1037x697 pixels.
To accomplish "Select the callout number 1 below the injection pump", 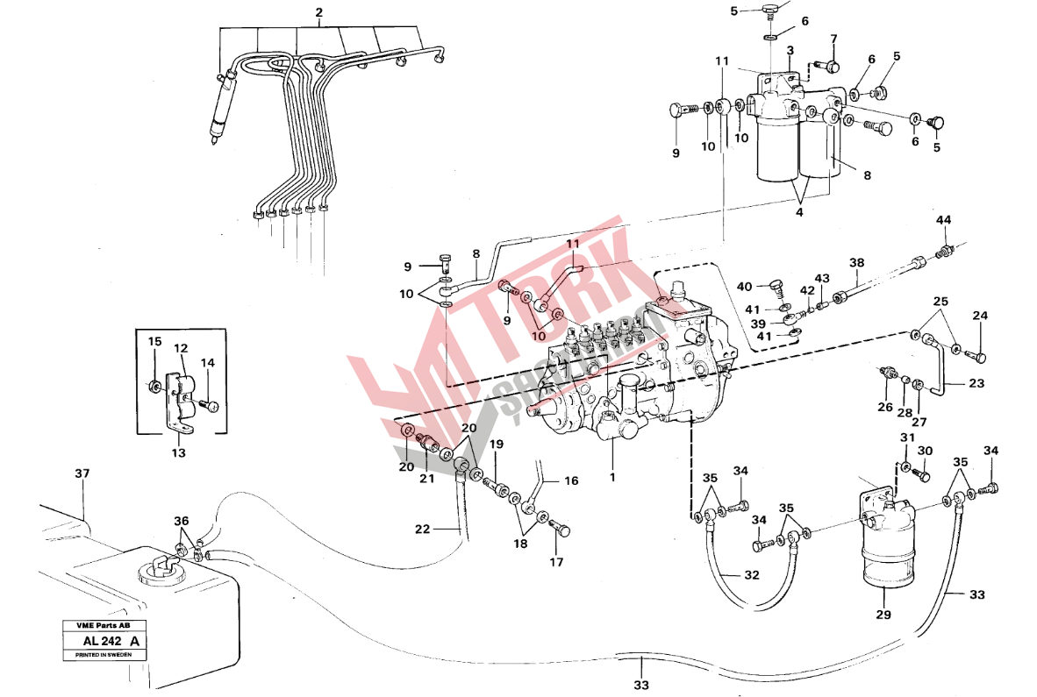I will [612, 478].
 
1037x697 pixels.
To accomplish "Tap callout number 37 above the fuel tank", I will [82, 474].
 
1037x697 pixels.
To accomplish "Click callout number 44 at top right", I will [943, 219].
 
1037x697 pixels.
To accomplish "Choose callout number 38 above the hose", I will [856, 262].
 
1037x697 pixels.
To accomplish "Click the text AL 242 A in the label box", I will [103, 642].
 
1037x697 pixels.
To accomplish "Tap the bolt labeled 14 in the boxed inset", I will [211, 406].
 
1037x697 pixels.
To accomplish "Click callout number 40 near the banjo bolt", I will [744, 287].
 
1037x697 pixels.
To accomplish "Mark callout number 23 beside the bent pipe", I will [976, 382].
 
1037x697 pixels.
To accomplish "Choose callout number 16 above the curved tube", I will [571, 480].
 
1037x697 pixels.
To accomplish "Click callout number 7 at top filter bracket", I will [833, 39].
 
